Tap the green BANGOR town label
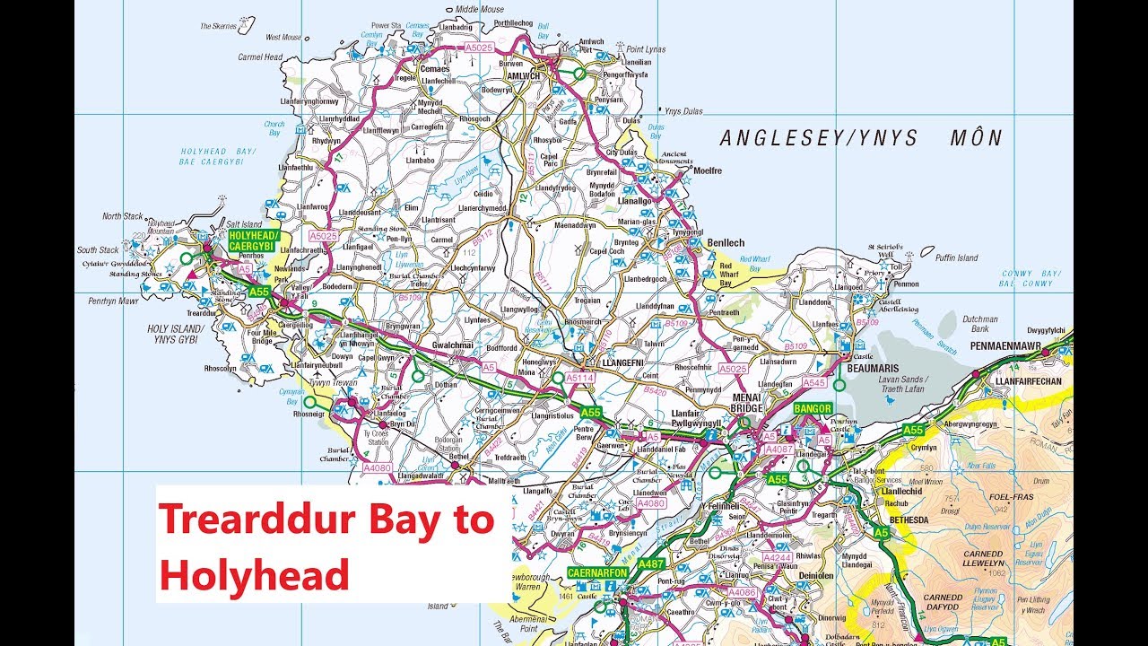[x=813, y=408]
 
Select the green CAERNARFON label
[x=596, y=572]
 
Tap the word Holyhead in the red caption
[x=254, y=574]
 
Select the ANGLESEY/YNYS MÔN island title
[x=861, y=138]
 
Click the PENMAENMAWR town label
[x=1021, y=344]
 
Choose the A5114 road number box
[x=580, y=379]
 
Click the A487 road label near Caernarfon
[x=653, y=563]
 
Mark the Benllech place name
[x=726, y=243]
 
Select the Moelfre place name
[x=707, y=170]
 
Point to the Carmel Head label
[x=261, y=57]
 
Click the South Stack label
[x=98, y=250]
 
